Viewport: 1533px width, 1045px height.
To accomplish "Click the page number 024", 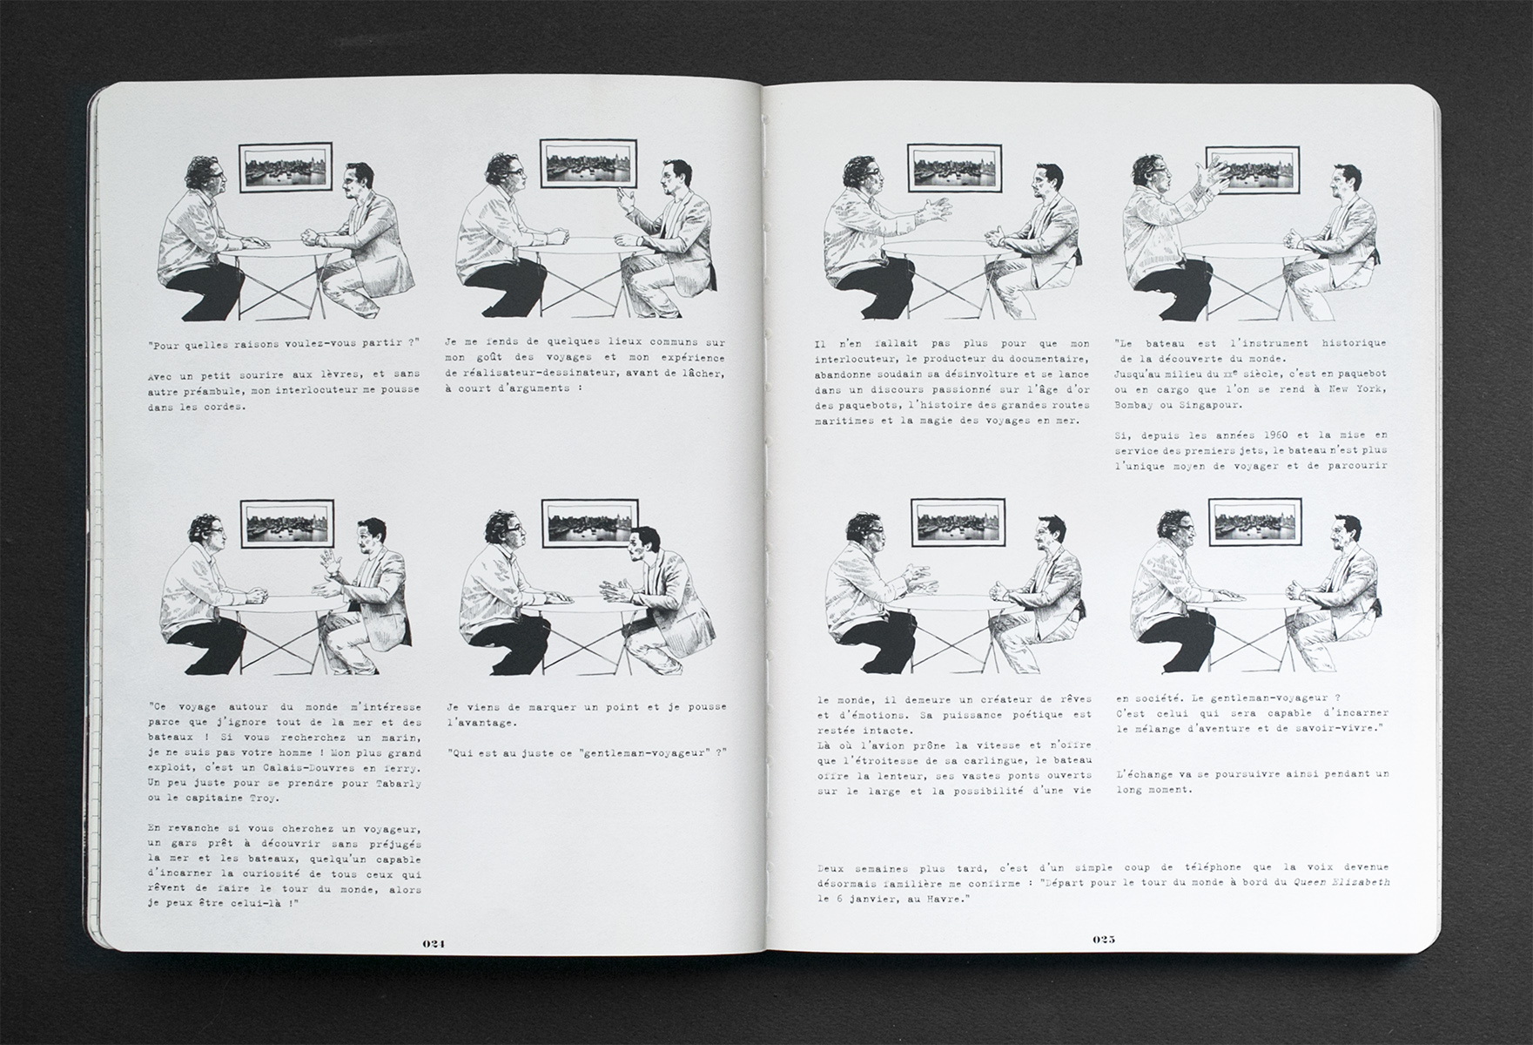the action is [x=434, y=943].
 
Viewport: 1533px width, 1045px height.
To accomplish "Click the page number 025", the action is [x=1104, y=939].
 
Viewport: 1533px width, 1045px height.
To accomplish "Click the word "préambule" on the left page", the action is [x=204, y=390].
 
